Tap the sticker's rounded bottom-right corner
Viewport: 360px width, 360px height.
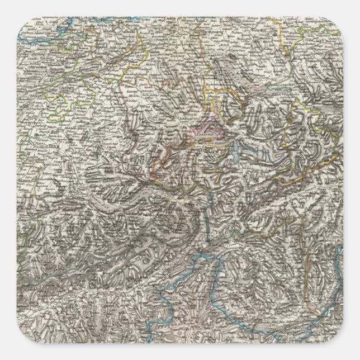(339, 339)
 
